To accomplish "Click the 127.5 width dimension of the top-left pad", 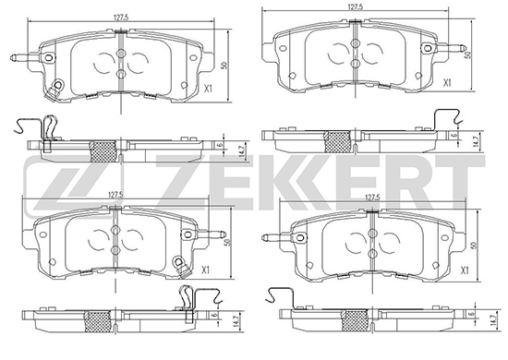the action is (122, 18).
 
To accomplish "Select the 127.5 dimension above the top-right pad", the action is (356, 6).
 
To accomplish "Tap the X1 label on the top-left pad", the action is (208, 89).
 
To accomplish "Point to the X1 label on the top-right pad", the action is (447, 83).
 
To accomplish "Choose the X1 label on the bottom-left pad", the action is (205, 270).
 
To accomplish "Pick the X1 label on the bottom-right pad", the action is (465, 270).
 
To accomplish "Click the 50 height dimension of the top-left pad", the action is (224, 66).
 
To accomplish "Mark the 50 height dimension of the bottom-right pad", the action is (475, 246).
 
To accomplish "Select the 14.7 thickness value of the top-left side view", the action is (241, 151).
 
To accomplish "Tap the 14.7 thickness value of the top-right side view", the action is (476, 142).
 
